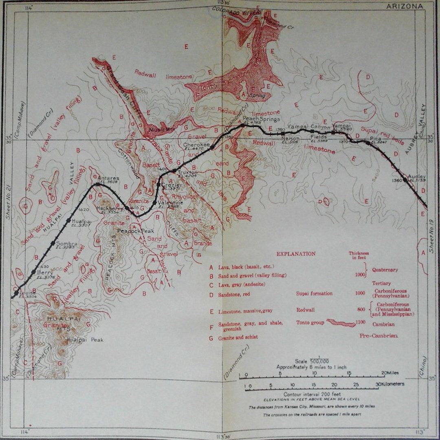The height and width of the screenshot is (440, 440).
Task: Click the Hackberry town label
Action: [x=107, y=208]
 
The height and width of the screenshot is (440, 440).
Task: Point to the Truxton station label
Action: [x=187, y=172]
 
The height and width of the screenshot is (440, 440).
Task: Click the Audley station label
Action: [x=416, y=177]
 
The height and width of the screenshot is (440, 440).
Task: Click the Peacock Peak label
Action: [x=130, y=231]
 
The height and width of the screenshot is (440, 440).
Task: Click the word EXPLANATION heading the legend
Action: [x=296, y=253]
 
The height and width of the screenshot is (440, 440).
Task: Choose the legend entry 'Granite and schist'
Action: [x=238, y=337]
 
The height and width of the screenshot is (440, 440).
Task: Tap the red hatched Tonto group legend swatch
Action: [x=341, y=323]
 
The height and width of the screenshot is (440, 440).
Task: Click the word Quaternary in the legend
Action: [x=385, y=270]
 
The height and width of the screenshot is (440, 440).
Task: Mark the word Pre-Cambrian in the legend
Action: [x=379, y=336]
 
